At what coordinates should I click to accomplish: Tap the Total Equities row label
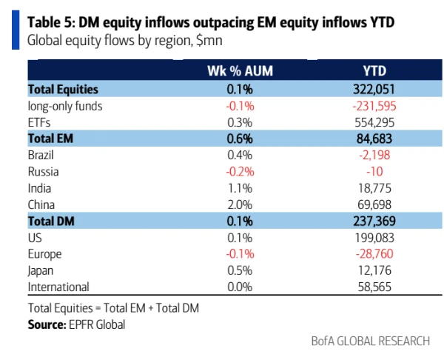click(63, 89)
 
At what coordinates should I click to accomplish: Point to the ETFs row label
click(38, 121)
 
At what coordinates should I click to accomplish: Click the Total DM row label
click(52, 221)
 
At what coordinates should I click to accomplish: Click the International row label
click(58, 287)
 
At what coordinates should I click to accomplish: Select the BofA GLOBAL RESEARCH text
click(370, 341)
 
